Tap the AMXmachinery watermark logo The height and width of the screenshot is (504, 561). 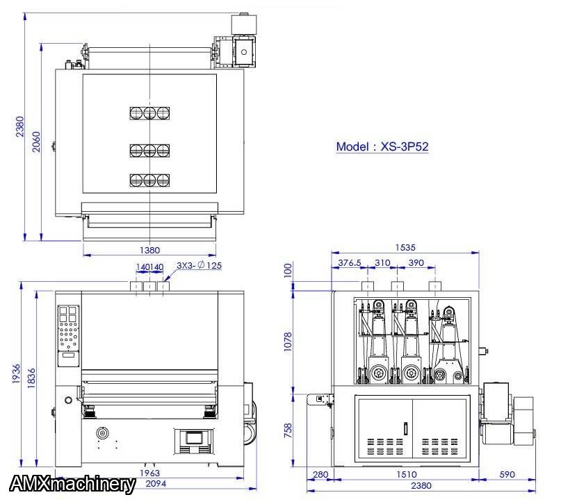(72, 485)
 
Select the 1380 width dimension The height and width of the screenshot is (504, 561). (149, 250)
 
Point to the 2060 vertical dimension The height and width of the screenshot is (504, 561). (36, 142)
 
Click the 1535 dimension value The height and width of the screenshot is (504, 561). (405, 248)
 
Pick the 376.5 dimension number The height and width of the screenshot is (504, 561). (350, 263)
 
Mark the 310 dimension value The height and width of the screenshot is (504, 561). (382, 263)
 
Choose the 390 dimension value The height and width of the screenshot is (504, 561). (416, 263)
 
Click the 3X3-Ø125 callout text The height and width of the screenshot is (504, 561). (200, 265)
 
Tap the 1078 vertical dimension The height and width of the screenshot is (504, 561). (288, 342)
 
